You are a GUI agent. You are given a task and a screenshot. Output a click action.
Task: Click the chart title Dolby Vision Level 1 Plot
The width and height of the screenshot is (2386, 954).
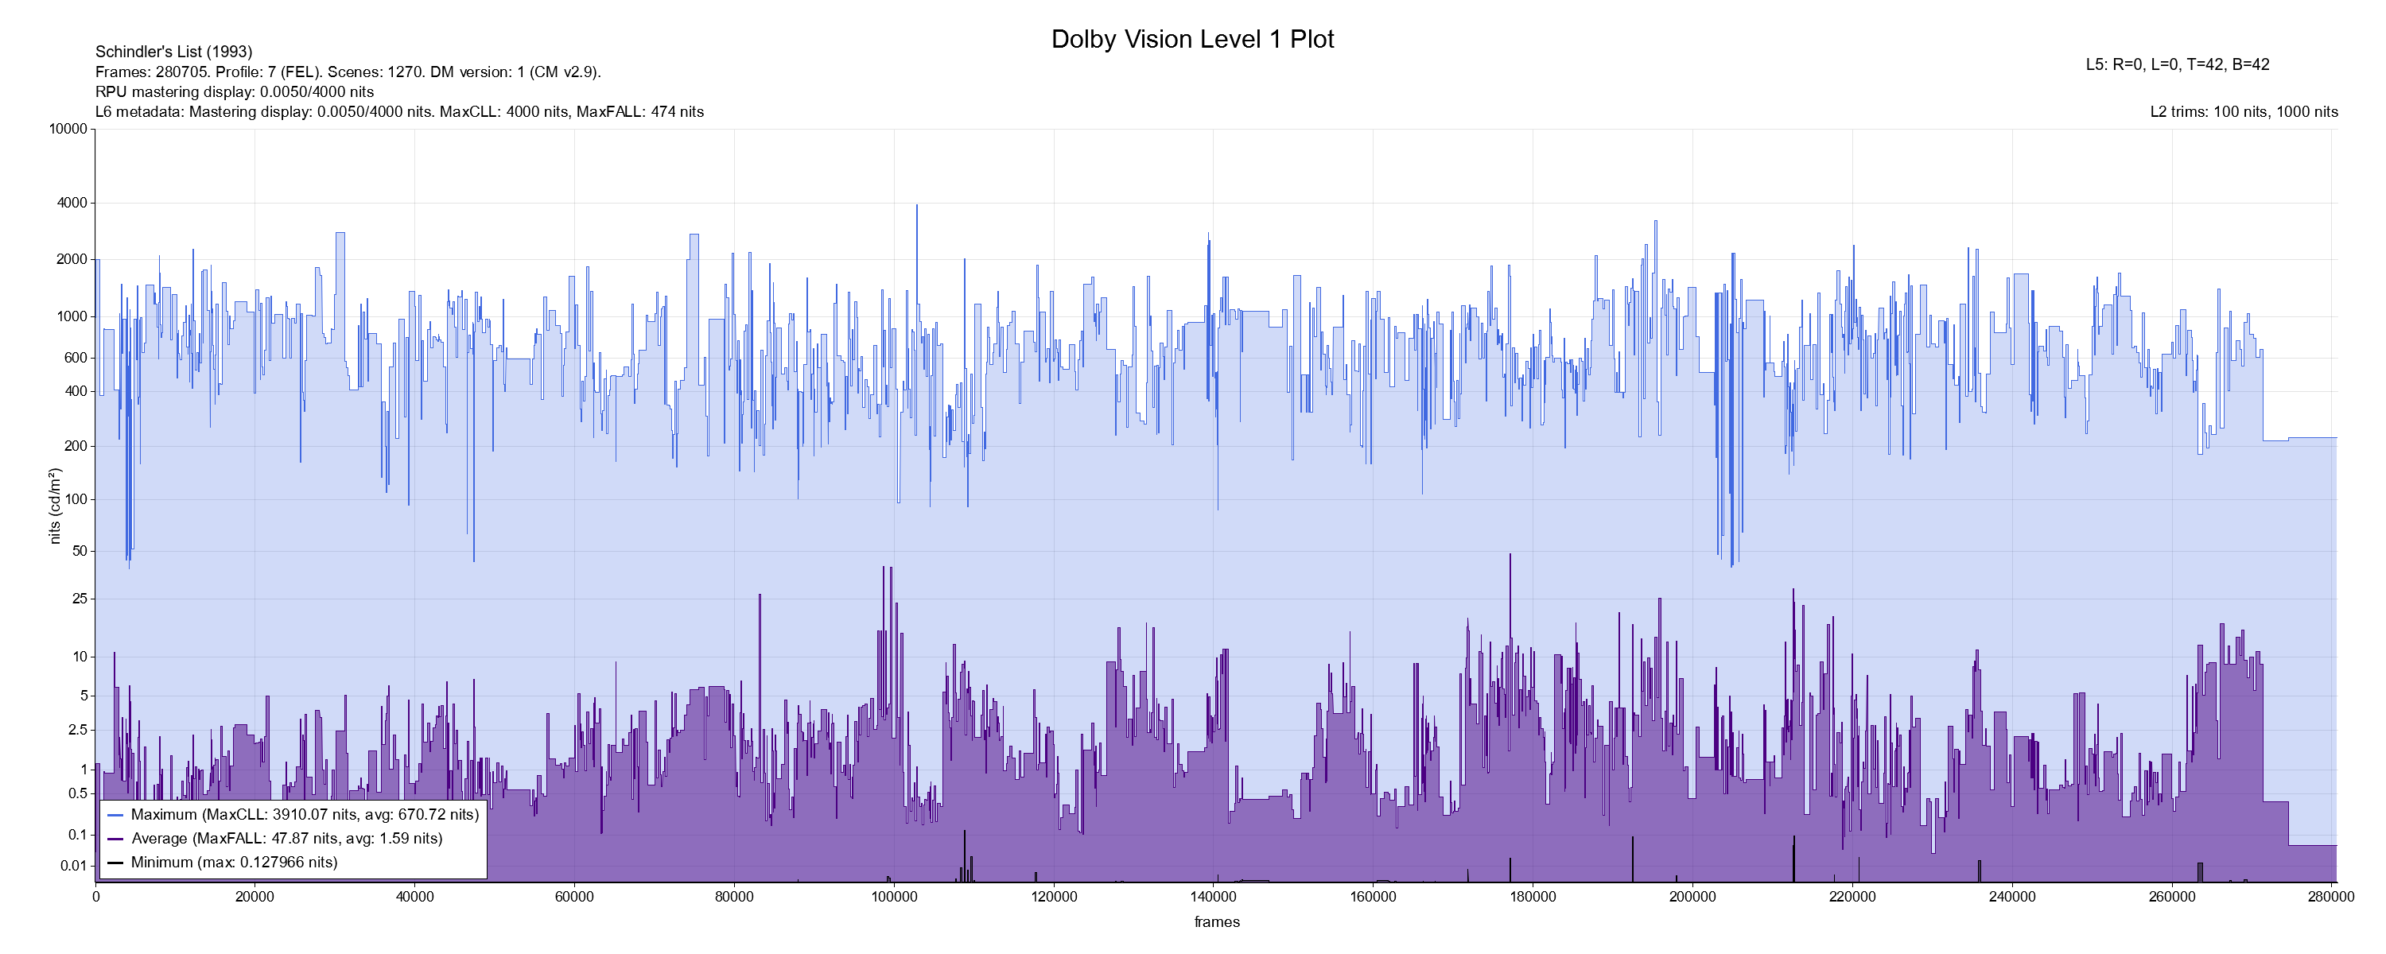coord(1192,39)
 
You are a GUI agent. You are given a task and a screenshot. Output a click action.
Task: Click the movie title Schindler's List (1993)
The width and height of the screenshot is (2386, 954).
coord(173,52)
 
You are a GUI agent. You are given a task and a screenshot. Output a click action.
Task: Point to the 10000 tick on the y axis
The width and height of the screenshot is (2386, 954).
coord(68,130)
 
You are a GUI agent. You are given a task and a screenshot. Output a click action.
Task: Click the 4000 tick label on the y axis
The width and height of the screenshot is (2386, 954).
coord(72,203)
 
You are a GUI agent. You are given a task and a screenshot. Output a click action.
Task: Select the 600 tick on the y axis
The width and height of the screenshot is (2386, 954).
coord(75,358)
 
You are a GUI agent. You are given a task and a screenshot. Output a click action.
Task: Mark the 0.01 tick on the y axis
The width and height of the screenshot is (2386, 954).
coord(74,866)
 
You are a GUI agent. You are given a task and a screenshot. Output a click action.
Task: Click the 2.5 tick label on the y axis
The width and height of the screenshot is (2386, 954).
coord(78,730)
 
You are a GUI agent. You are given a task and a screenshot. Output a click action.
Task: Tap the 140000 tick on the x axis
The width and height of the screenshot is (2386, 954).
coord(1214,897)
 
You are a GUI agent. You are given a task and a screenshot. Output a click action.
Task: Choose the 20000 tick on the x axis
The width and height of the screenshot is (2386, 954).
coord(255,897)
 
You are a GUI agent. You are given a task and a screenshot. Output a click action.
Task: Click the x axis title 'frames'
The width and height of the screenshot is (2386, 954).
coord(1216,921)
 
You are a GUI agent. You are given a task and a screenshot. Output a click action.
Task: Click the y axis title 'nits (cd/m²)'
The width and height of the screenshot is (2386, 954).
coord(55,506)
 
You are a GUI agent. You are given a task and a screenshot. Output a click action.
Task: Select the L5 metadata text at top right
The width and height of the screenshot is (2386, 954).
coord(2177,65)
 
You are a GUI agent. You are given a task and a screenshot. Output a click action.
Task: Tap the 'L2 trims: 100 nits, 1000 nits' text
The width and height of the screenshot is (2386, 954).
coord(2244,112)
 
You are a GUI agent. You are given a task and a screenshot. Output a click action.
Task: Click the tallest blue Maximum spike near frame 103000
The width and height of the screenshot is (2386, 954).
coord(917,207)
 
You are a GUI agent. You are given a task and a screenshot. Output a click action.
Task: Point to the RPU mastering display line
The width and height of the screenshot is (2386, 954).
coord(235,91)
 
